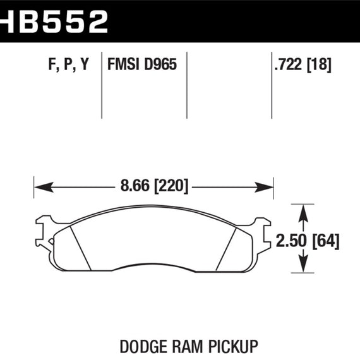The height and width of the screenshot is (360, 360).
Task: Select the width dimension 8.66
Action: point(129,187)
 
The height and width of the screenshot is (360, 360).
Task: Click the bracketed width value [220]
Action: point(167,187)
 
